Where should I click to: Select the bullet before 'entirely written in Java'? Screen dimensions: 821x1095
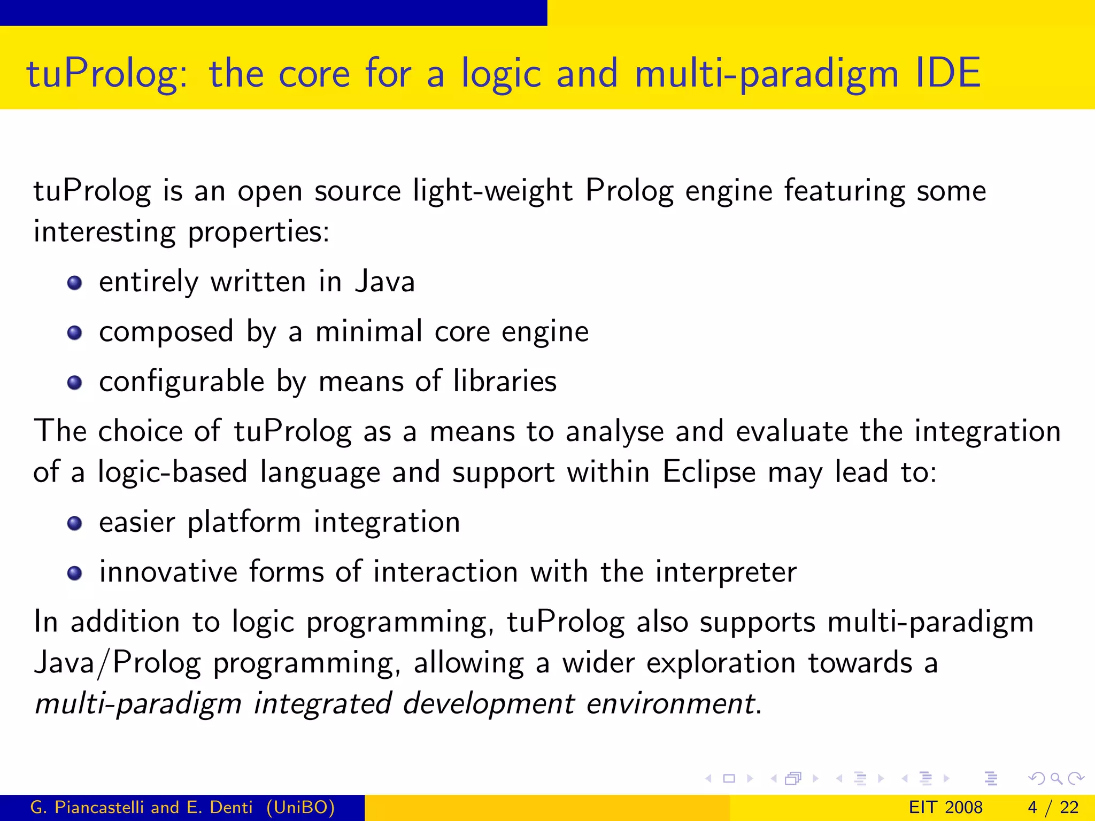(75, 283)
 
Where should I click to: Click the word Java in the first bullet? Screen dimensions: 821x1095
(385, 282)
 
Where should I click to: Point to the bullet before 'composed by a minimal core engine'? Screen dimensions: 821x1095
(75, 333)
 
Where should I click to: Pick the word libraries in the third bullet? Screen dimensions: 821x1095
(505, 381)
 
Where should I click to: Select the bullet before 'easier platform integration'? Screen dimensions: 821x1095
(75, 523)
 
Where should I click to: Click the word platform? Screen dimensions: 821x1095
(244, 523)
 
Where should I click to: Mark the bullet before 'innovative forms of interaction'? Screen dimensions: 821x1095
(75, 574)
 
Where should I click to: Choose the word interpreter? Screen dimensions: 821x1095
(726, 572)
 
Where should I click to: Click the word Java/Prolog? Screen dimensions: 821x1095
(117, 664)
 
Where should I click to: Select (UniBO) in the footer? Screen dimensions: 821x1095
(300, 807)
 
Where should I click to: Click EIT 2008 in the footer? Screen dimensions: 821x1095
(945, 807)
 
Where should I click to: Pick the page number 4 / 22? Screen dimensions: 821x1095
(1053, 807)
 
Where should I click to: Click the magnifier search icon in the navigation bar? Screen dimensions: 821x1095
(1056, 778)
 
